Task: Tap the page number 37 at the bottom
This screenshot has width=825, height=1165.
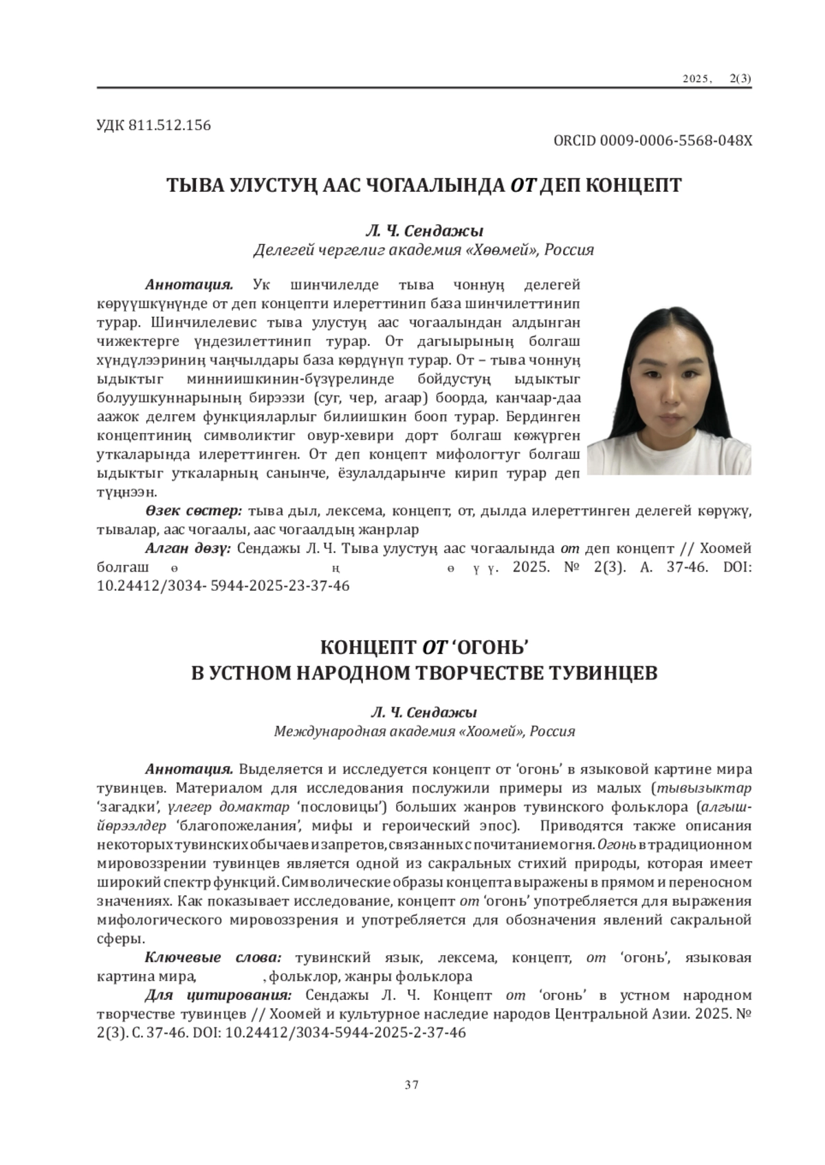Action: click(412, 1085)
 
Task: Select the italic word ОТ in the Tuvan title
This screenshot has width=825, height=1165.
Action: click(522, 185)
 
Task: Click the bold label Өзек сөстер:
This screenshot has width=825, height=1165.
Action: click(193, 511)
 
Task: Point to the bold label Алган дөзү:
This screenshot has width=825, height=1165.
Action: click(187, 549)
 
